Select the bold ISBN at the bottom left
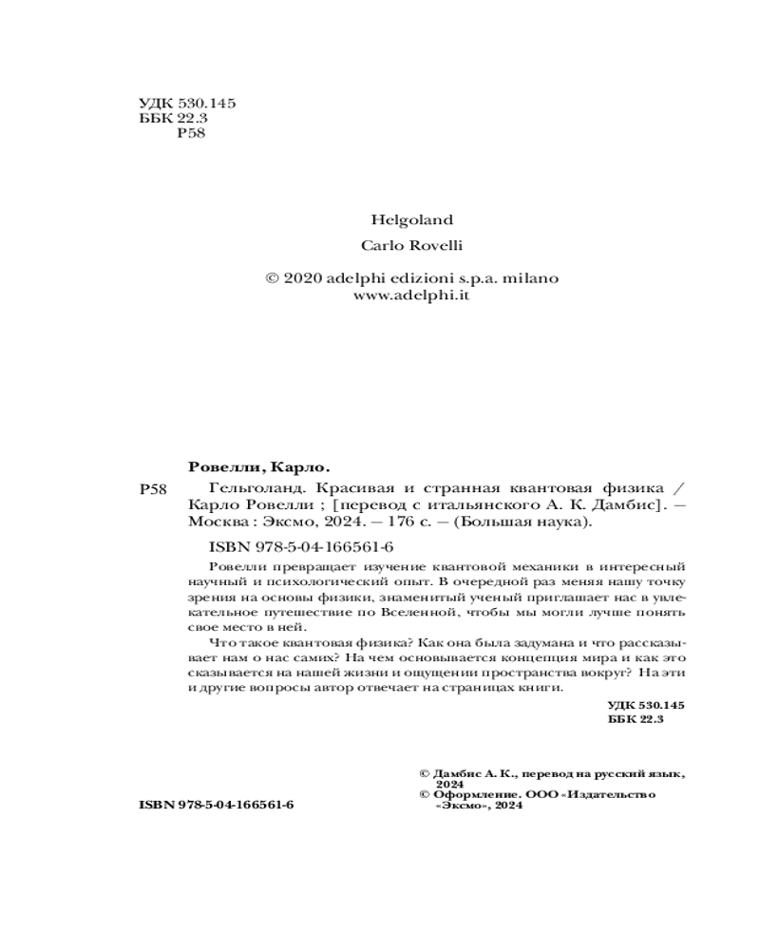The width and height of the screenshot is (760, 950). (216, 804)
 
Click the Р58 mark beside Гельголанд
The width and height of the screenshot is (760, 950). (153, 489)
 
